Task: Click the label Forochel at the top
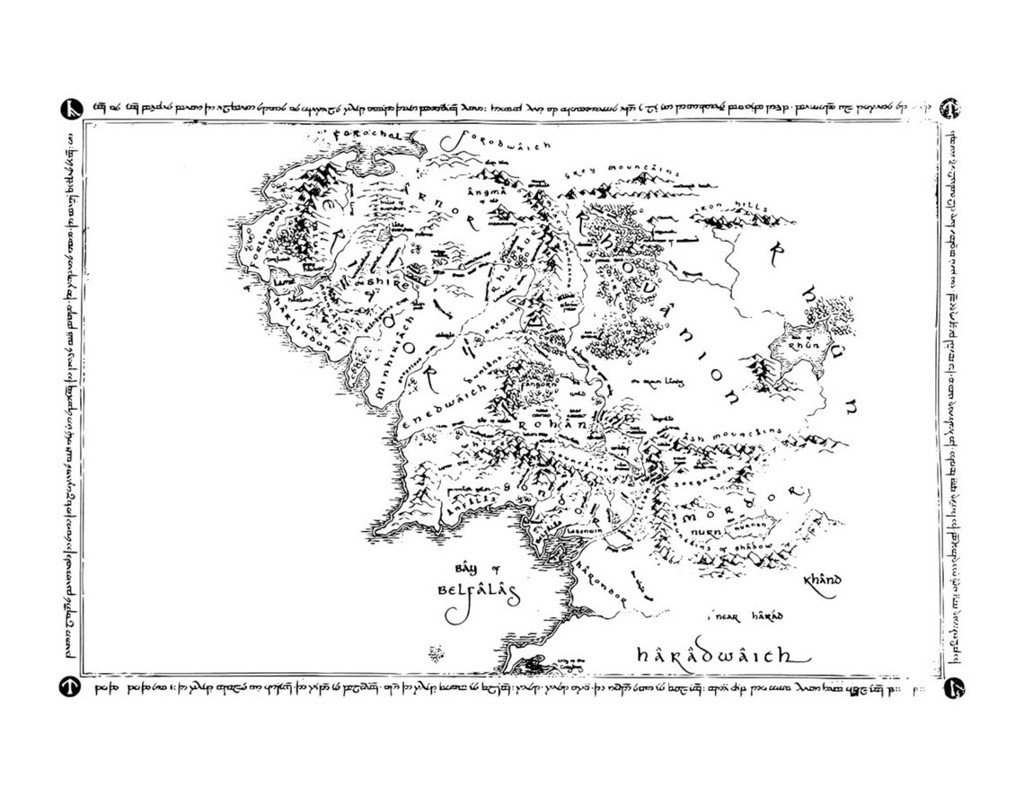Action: click(x=364, y=135)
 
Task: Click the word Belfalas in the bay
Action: click(x=472, y=593)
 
